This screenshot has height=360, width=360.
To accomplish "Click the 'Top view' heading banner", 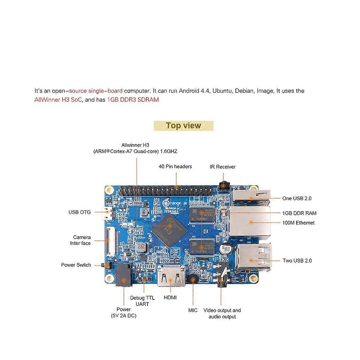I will [183, 126].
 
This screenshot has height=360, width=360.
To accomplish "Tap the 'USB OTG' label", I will [79, 212].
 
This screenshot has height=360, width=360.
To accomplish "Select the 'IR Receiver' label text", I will [222, 167].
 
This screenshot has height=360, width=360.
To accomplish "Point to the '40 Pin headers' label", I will [175, 166].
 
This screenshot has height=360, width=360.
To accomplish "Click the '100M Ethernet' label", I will [298, 223].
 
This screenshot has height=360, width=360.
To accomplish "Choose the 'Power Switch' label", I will [76, 265].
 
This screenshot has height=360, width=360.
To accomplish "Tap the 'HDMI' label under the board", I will [170, 298].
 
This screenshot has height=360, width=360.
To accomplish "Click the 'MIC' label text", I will [193, 310].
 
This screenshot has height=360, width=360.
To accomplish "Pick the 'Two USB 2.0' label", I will [297, 260].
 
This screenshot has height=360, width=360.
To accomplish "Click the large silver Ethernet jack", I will [250, 222].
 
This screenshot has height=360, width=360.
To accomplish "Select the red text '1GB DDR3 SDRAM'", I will [133, 100].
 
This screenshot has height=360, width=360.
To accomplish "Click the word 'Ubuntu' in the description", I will [222, 91].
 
